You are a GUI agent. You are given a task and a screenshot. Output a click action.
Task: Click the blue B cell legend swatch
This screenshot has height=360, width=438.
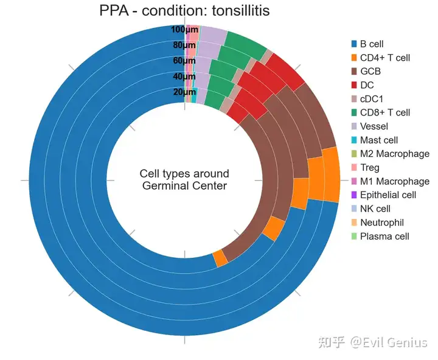tap(353, 44)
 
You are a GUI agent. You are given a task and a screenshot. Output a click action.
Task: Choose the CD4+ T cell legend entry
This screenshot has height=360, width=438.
tap(384, 58)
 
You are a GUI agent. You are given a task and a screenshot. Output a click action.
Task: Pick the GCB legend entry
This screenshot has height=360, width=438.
tap(370, 71)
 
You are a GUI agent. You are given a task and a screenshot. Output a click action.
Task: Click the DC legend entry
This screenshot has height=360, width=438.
tap(366, 85)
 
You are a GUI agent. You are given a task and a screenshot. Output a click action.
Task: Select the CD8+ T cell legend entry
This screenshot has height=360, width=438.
tap(384, 112)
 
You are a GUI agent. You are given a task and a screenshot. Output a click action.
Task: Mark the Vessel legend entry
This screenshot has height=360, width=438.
tap(374, 126)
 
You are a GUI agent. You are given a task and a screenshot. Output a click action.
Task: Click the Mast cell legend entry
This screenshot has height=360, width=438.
tap(379, 140)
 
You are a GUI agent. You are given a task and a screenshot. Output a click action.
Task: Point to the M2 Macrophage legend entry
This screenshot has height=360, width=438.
tap(394, 154)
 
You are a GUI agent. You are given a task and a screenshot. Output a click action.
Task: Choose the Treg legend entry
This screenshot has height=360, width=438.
tap(369, 168)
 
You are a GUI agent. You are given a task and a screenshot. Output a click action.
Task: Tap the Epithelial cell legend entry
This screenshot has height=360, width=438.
tap(388, 195)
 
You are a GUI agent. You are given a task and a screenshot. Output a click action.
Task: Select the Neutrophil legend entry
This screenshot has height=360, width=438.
tap(381, 223)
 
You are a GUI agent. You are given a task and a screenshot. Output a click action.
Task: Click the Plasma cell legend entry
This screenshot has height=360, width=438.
tap(384, 237)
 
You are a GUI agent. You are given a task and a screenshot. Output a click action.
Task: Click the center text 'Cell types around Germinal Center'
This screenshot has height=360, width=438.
tap(184, 180)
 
